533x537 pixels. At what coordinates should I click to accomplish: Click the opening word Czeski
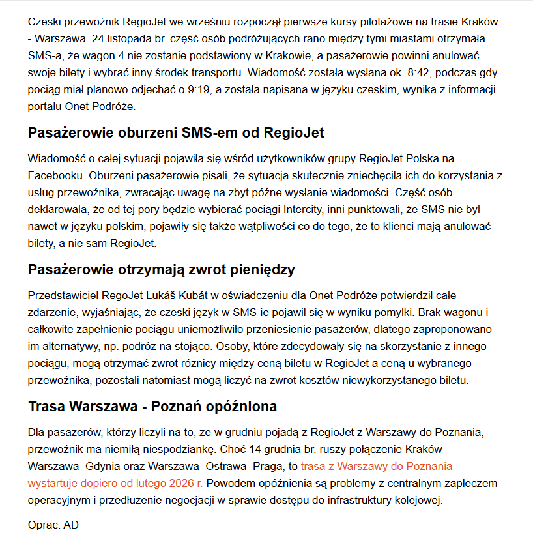[44, 22]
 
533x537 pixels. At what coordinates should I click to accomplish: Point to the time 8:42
[436, 73]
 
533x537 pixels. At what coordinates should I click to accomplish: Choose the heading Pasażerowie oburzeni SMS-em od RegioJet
[176, 133]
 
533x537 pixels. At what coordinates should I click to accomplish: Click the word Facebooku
[55, 176]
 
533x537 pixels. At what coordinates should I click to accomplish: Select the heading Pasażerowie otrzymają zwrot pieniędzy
[162, 270]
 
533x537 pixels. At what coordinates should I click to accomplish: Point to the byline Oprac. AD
[53, 524]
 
